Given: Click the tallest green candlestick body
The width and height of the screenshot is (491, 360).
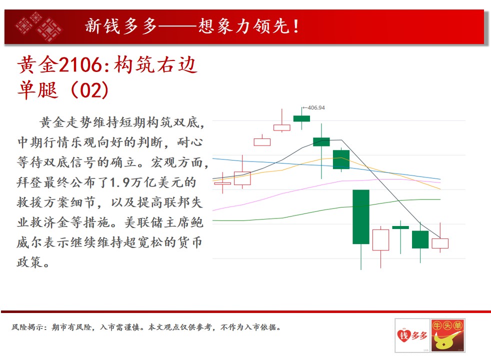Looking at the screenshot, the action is [x=361, y=216].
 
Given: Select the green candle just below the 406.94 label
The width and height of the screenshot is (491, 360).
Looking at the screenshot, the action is [x=301, y=118].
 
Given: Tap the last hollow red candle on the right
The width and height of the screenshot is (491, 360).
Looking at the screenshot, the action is [x=440, y=243].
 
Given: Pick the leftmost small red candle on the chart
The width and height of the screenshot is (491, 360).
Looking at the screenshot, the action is [x=222, y=183].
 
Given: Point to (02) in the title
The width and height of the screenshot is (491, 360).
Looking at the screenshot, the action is [x=90, y=90].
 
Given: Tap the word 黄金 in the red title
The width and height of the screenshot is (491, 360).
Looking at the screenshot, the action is [x=38, y=65].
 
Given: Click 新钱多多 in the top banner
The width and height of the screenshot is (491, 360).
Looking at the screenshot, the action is [x=121, y=26].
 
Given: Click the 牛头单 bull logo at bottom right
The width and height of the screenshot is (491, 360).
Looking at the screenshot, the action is [x=447, y=335].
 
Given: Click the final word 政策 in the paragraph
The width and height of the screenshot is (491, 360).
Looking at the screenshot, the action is [x=29, y=262].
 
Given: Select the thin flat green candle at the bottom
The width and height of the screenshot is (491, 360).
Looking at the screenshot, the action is [x=400, y=227].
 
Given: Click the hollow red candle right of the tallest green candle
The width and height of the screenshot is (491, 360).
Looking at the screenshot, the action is [x=381, y=240].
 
